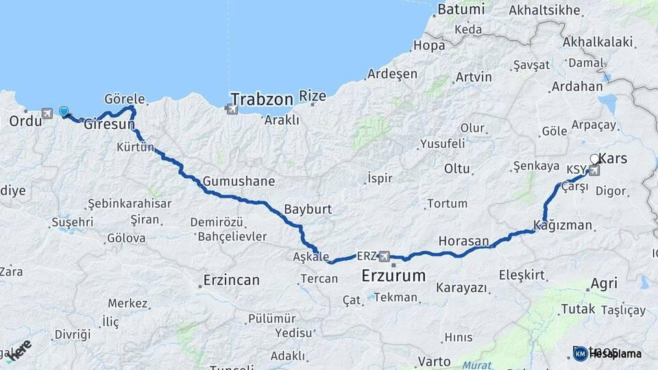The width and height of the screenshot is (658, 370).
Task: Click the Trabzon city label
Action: [x=262, y=99]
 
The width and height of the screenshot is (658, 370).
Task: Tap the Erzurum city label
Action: [x=393, y=276]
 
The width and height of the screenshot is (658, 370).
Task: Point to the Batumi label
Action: [x=461, y=10]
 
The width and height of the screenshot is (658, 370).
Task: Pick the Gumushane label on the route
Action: [x=239, y=182]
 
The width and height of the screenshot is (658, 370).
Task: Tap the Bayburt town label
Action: [x=308, y=208]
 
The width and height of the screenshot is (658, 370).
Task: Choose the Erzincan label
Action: [x=232, y=280]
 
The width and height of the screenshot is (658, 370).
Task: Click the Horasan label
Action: [x=463, y=242]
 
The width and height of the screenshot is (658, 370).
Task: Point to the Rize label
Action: [x=313, y=97]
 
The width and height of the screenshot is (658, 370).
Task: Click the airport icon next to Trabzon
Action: [x=232, y=108]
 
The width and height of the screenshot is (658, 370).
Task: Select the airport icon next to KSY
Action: [x=593, y=170]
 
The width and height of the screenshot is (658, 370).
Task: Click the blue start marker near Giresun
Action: [x=64, y=111]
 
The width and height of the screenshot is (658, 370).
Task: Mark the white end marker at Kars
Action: [x=594, y=159]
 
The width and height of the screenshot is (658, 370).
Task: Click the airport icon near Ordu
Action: [x=47, y=113]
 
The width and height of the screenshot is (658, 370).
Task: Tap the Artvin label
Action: [x=474, y=77]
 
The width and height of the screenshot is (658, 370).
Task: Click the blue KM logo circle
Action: [x=580, y=353]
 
